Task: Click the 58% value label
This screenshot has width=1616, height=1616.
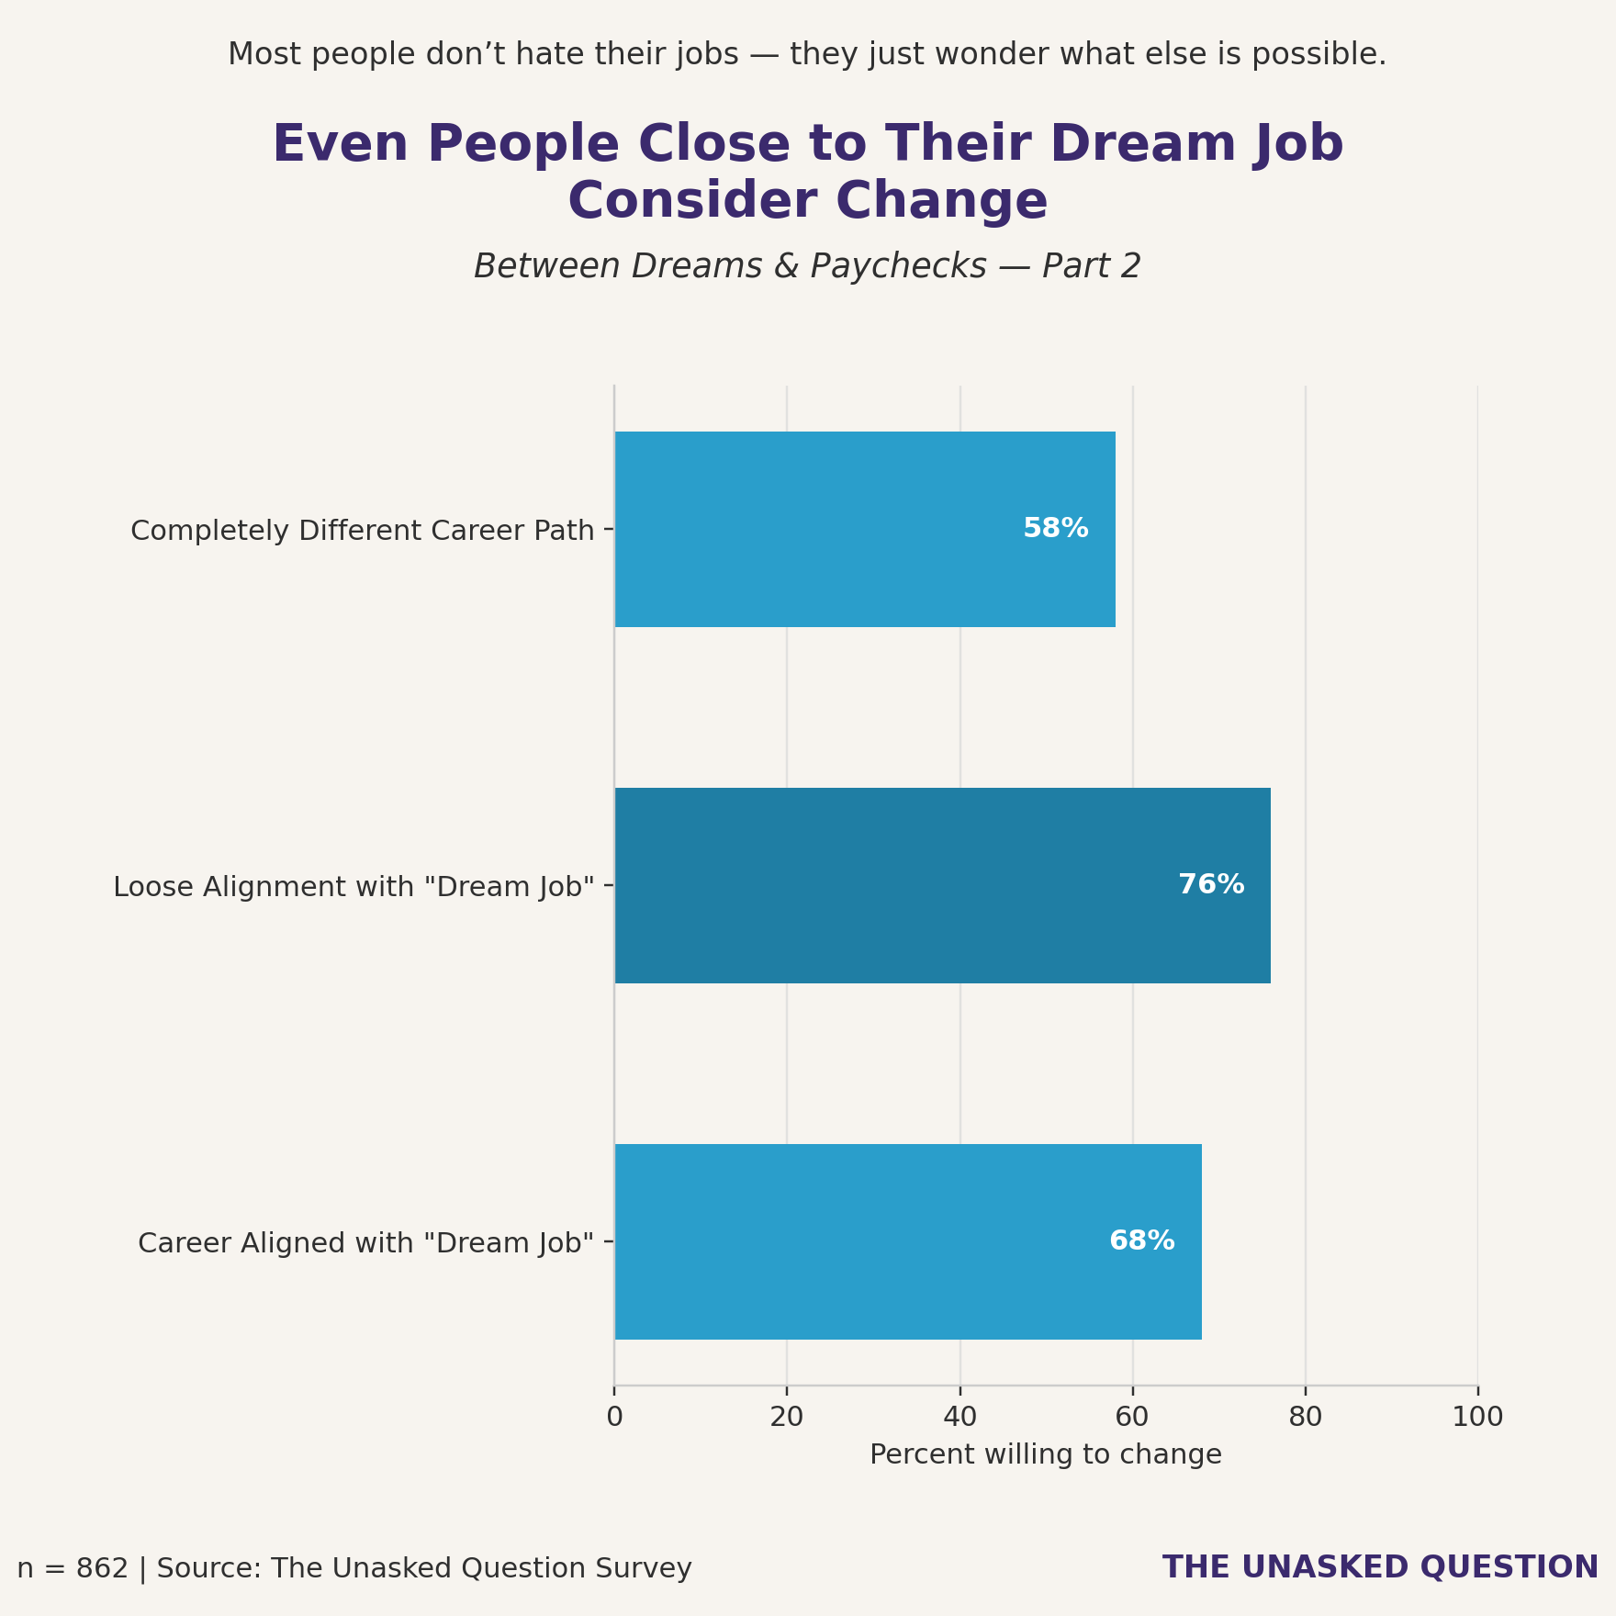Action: click(x=1055, y=529)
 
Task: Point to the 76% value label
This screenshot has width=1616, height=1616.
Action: click(x=1210, y=885)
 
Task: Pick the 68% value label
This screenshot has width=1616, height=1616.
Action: click(x=1141, y=1241)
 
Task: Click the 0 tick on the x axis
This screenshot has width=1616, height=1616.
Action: click(x=614, y=1418)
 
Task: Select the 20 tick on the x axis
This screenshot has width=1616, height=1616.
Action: click(x=787, y=1418)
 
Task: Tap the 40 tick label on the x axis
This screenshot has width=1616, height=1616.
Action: click(x=959, y=1418)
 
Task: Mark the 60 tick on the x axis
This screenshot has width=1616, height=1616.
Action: click(x=1132, y=1418)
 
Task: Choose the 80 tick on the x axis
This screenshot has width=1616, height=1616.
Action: click(x=1305, y=1418)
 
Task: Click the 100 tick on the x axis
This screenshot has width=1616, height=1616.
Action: click(x=1477, y=1418)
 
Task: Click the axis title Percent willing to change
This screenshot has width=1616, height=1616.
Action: click(x=1045, y=1455)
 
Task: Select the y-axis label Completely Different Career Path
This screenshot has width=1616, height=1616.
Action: click(x=363, y=531)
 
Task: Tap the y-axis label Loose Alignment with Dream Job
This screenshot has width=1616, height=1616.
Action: click(x=353, y=887)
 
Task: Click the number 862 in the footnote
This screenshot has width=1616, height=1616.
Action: click(x=102, y=1568)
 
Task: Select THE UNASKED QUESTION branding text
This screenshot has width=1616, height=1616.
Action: click(x=1380, y=1567)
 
